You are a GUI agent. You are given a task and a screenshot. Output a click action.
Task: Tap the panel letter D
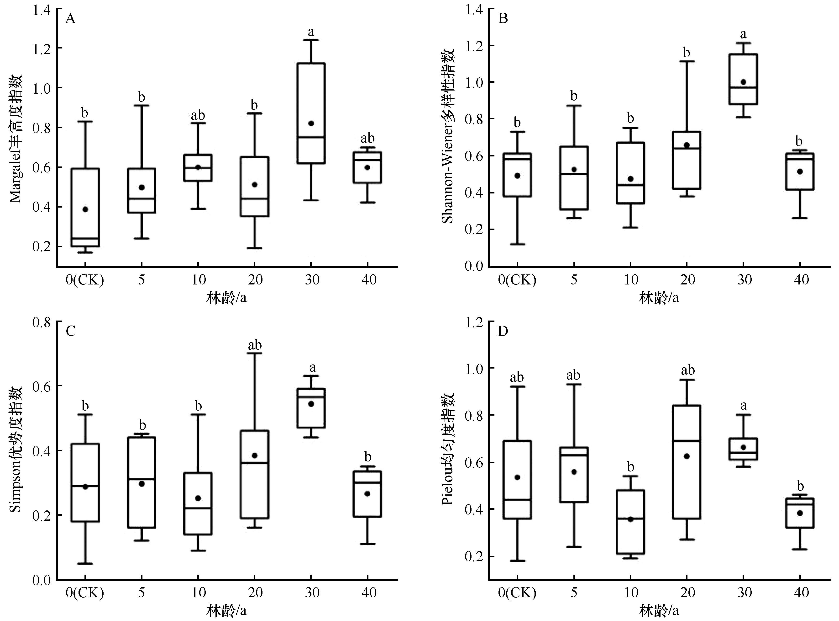pos(503,331)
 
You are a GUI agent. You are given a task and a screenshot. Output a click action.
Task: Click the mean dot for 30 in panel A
pos(311,123)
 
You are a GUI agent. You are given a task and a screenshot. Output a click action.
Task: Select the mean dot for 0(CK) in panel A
pos(85,209)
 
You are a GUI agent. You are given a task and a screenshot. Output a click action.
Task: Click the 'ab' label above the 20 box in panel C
pos(255,345)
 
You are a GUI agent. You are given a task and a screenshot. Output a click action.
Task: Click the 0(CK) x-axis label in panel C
pos(85,593)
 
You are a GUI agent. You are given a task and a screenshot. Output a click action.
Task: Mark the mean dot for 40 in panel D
pos(800,513)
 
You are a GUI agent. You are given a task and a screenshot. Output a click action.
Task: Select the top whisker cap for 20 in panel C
pos(255,353)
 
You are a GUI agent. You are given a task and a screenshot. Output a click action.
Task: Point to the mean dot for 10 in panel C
pos(198,498)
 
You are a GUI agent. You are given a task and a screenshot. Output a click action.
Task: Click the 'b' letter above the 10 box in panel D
pos(631,467)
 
